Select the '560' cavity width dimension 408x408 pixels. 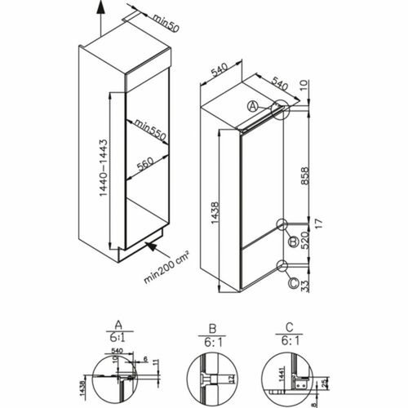point(146,162)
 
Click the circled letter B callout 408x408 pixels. point(290,238)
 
